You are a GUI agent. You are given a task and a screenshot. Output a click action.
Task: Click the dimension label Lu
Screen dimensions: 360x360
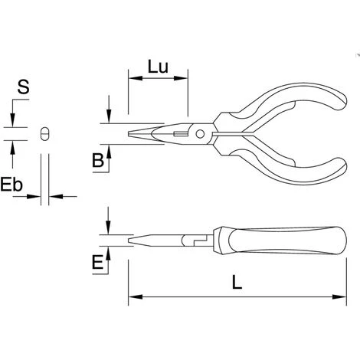point(158,67)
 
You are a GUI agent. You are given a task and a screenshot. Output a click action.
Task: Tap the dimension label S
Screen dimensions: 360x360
point(23,87)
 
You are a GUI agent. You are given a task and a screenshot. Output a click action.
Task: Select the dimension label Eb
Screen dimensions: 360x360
point(11,185)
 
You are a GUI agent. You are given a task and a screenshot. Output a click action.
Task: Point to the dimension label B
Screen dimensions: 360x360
point(98,160)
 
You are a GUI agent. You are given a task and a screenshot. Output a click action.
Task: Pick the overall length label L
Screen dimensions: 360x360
point(237,282)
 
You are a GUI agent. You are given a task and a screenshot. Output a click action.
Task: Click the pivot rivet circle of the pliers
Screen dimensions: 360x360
point(200,134)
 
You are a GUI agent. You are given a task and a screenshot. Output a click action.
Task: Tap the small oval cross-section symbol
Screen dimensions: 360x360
point(45,133)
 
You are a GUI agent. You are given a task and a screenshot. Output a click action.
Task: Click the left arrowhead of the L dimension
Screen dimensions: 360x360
point(136,297)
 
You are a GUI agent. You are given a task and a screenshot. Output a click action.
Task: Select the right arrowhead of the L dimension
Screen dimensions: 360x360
point(339,297)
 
